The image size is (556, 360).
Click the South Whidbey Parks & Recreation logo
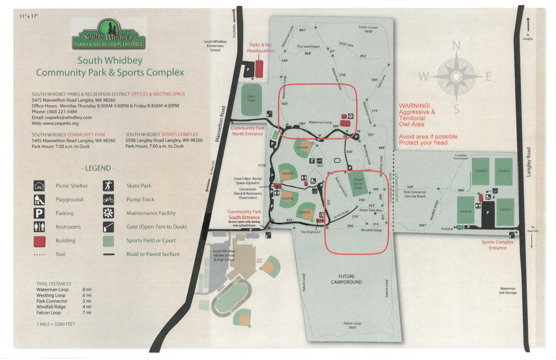(108, 35)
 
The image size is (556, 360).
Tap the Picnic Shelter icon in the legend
(39, 186)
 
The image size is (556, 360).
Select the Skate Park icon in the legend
(108, 186)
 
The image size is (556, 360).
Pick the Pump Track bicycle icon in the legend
(108, 199)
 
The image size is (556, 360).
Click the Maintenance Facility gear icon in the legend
(108, 213)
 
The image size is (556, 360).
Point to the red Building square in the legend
(39, 241)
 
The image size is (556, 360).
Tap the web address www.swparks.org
(61, 123)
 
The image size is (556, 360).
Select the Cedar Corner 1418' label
(368, 29)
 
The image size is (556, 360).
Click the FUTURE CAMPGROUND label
(346, 279)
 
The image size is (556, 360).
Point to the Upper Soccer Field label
(358, 184)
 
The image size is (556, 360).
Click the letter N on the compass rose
(456, 46)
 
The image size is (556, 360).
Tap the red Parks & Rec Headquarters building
(259, 69)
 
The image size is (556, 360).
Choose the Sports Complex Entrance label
(497, 245)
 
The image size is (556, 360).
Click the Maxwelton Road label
(220, 124)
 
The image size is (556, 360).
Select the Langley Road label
(529, 162)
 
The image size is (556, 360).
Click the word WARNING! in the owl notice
(414, 106)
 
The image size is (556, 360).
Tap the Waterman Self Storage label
(507, 291)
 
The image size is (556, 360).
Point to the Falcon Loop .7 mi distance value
(86, 313)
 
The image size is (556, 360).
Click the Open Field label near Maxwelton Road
(251, 98)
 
